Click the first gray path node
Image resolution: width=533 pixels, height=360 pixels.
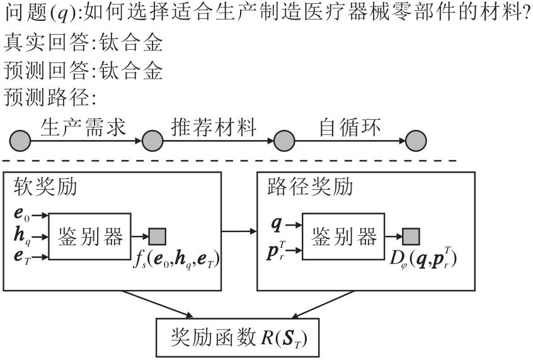coord(20,140)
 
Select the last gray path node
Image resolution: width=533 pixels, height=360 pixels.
coord(415,140)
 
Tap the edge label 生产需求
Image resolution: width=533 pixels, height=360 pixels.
coord(83,127)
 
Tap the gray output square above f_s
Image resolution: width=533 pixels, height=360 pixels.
coord(158,236)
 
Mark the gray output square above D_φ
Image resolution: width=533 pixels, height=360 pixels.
coord(411,236)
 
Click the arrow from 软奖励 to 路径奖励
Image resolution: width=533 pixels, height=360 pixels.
coord(239,232)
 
